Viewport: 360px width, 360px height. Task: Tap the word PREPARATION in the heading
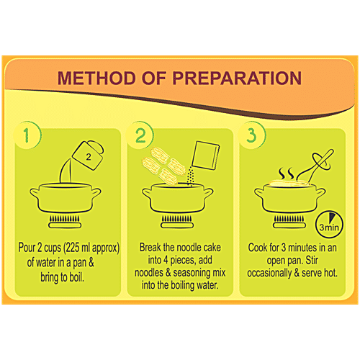tap(237, 78)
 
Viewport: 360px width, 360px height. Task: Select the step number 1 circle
tap(27, 135)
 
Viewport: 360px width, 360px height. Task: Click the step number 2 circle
tap(140, 135)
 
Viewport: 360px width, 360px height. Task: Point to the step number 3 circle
tap(251, 135)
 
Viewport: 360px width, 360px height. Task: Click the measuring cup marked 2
tap(88, 156)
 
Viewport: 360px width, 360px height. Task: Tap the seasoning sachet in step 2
tap(206, 156)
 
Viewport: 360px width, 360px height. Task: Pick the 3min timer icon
tap(329, 225)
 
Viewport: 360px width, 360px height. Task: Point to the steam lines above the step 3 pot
tap(286, 174)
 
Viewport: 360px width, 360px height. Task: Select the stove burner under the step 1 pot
tap(65, 222)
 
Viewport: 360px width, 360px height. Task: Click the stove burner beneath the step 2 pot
tap(177, 222)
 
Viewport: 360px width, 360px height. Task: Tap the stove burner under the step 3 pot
tap(289, 222)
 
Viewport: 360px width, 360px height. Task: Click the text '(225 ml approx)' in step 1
tap(91, 248)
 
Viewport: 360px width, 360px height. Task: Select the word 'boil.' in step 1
tap(77, 277)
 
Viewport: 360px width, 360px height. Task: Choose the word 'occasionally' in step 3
tap(269, 274)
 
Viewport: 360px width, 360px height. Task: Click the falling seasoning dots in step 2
tap(190, 177)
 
